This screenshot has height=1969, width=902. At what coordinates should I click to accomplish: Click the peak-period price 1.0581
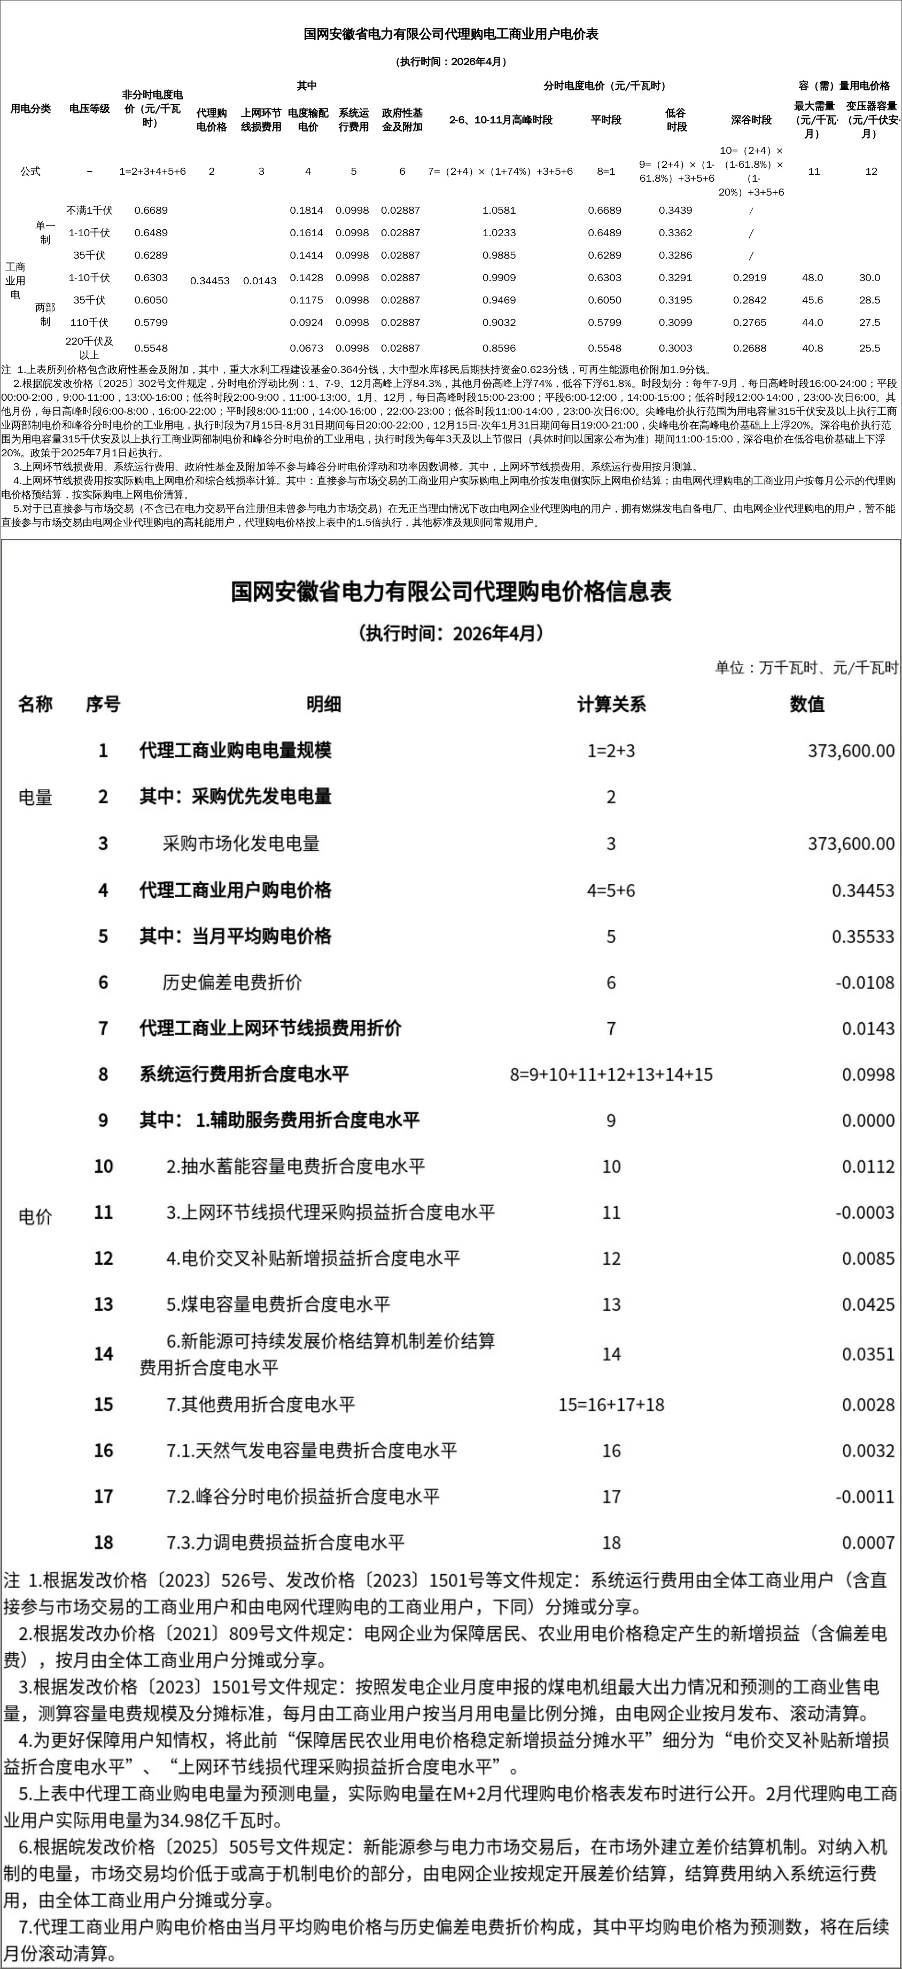500,210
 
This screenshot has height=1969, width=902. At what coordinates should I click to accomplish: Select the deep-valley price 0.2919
749,277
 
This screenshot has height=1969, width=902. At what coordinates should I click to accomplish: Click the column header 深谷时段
751,120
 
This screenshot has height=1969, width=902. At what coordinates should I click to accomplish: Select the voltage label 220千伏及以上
89,348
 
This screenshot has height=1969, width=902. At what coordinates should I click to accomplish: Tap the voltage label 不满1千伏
89,210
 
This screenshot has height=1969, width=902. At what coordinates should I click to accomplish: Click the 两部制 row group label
45,314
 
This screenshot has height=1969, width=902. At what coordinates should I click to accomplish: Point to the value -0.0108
864,982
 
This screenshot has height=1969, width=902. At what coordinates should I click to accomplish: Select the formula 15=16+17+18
611,1404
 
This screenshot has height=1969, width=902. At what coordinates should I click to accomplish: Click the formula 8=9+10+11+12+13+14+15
611,1075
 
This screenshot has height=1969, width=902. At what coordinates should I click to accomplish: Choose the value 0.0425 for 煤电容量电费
868,1304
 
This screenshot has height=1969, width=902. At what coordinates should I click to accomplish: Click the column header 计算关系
611,704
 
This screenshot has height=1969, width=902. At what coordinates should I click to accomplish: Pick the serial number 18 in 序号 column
103,1543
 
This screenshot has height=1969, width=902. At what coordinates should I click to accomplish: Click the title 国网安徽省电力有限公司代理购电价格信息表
451,591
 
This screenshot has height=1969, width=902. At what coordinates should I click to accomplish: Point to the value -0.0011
865,1497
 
